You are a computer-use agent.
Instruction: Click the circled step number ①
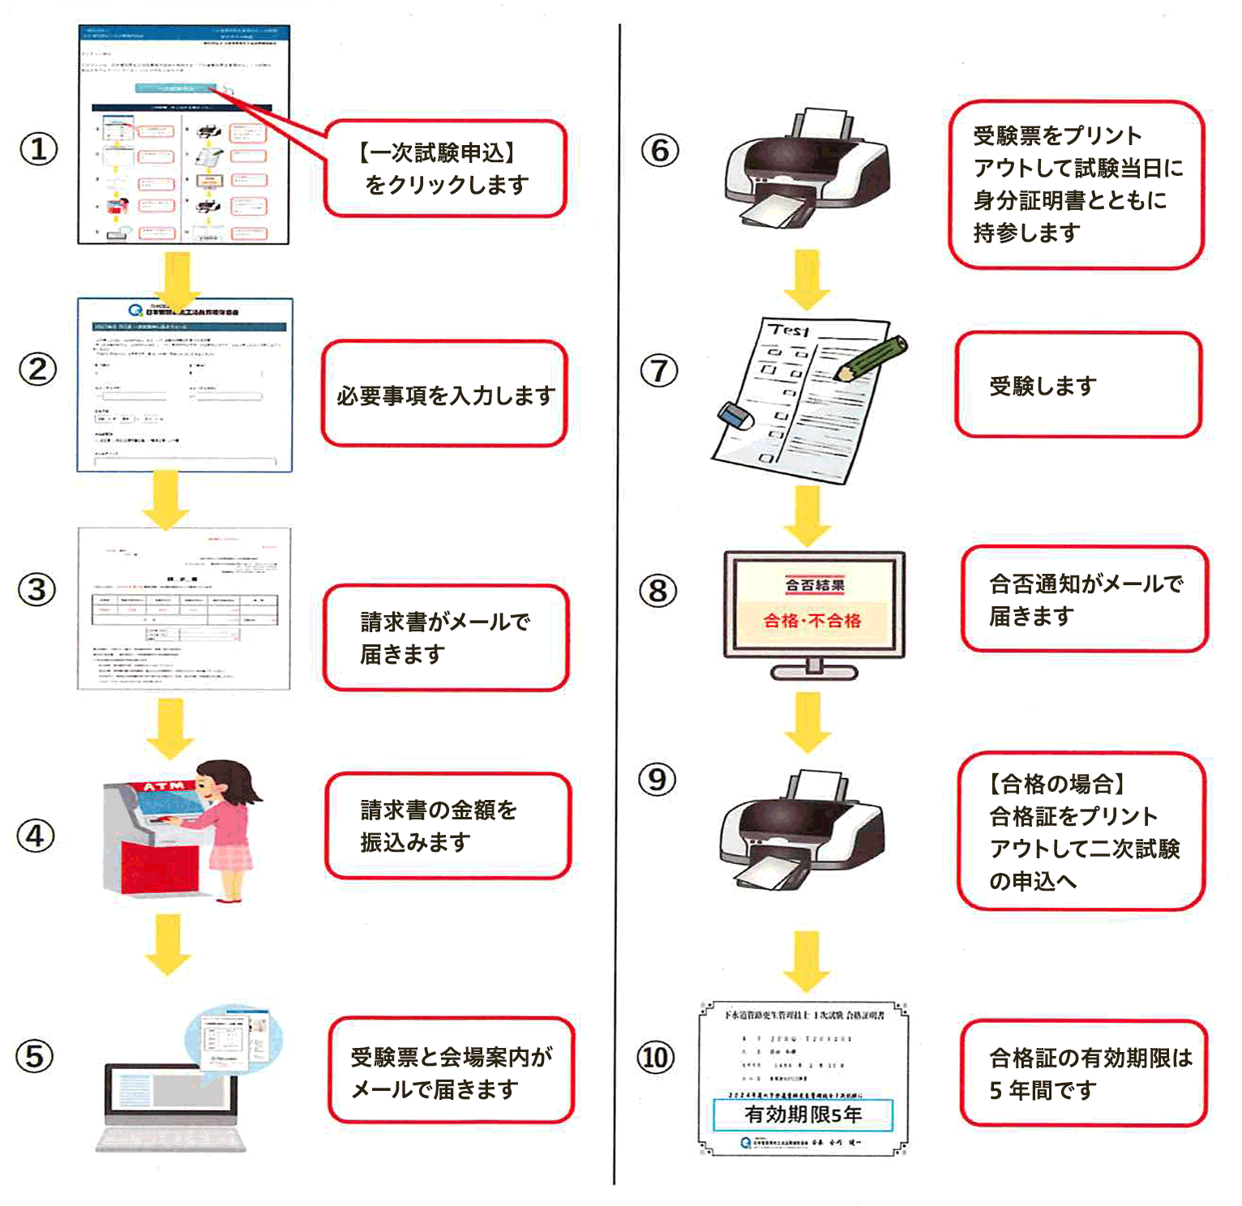(x=38, y=149)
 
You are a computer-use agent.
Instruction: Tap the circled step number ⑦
(x=659, y=371)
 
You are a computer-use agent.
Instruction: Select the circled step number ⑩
(x=656, y=1058)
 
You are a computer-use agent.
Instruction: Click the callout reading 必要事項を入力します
(x=444, y=395)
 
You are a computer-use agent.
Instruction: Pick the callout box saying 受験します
(x=1077, y=386)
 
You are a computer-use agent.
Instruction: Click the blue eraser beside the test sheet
(x=735, y=416)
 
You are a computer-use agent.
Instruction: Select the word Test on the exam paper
(x=789, y=330)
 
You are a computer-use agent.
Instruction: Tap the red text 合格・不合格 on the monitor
(x=812, y=621)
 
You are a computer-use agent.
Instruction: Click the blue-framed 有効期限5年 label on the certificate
(x=803, y=1114)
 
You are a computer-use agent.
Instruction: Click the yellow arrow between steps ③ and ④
(x=169, y=728)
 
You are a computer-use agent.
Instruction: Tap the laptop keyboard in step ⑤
(x=171, y=1138)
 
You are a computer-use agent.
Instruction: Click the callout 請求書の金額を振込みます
(x=448, y=826)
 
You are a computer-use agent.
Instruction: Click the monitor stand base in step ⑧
(x=814, y=672)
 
